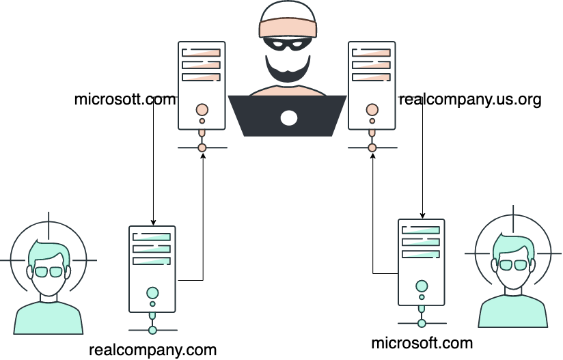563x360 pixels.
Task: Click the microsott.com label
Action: [x=126, y=100]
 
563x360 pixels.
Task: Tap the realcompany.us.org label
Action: [x=470, y=100]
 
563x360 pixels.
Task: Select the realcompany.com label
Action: [x=152, y=350]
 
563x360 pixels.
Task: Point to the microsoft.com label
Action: [x=422, y=343]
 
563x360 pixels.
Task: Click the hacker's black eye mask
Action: [x=288, y=44]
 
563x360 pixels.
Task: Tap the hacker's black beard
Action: [x=288, y=69]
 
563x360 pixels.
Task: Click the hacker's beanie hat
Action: [x=288, y=20]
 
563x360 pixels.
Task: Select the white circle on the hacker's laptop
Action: [x=289, y=118]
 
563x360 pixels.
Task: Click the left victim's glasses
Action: [x=49, y=272]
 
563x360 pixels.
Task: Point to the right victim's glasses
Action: [x=513, y=265]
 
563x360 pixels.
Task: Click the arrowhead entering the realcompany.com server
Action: [x=153, y=223]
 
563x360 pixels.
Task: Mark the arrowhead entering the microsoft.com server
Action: [x=423, y=216]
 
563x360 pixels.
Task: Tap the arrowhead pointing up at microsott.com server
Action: [x=203, y=156]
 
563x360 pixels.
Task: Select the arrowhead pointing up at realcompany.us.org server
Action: [x=372, y=156]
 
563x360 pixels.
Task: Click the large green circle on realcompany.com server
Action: [x=152, y=293]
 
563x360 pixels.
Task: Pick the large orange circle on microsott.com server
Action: [x=202, y=109]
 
